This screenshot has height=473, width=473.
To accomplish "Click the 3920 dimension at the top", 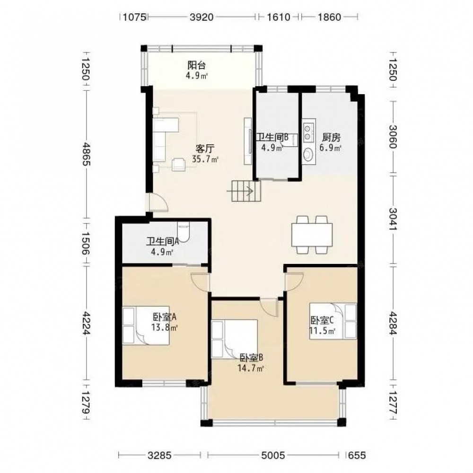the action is click(x=201, y=17).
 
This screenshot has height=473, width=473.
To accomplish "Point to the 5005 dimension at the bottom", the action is click(x=273, y=455).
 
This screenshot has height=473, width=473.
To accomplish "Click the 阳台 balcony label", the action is click(x=197, y=65).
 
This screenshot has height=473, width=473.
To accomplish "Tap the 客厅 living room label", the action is click(x=205, y=149).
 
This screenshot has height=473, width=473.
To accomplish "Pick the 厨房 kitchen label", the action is click(x=331, y=138).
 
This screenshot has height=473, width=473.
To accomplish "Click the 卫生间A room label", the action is click(x=163, y=241).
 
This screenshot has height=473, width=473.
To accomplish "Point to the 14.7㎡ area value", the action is click(x=251, y=368).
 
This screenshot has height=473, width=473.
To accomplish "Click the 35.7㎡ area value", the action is click(x=205, y=158).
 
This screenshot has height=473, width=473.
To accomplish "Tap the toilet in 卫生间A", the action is click(x=184, y=232).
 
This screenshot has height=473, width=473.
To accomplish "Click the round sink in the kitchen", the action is click(x=308, y=155).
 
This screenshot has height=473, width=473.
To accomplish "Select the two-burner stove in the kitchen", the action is click(x=308, y=132).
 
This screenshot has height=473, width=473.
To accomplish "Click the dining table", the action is click(x=312, y=235).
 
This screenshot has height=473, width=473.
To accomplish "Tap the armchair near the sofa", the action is click(x=178, y=165).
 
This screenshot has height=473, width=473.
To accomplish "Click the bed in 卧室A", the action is click(x=146, y=325).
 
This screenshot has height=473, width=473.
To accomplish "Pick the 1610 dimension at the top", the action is click(x=279, y=17).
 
